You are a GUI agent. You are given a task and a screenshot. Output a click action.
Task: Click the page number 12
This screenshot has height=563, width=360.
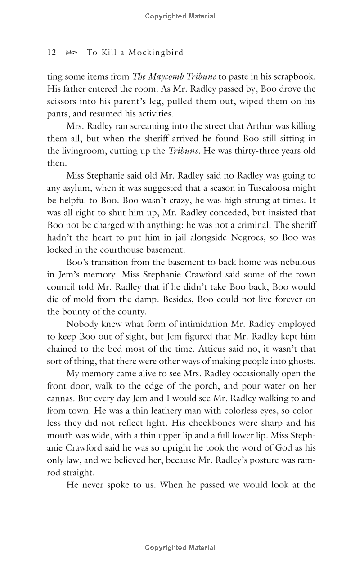click(x=51, y=53)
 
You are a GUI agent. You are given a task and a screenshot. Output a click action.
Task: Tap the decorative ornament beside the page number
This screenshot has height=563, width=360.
click(x=71, y=53)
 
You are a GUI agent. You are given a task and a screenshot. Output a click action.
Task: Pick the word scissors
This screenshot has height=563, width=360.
click(x=60, y=102)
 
